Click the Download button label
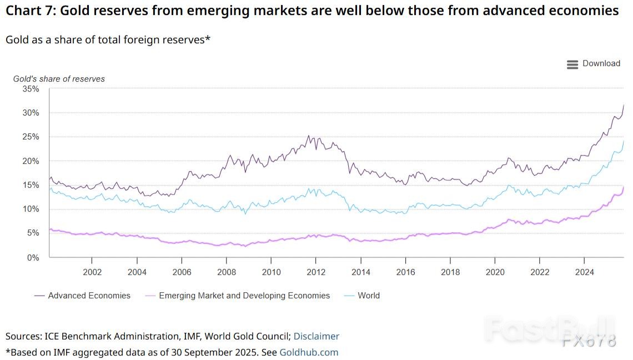point(601,63)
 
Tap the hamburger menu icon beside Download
point(572,64)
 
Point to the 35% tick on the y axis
point(31,89)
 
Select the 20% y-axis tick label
point(31,161)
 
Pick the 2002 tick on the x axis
point(92,272)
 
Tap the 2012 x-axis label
point(315,272)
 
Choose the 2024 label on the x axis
point(584,272)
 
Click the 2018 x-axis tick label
point(450,272)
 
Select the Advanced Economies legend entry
point(89,296)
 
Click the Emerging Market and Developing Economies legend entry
point(244,296)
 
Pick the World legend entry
point(369,296)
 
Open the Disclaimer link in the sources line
point(316,336)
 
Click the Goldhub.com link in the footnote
point(309,352)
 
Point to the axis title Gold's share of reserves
point(59,79)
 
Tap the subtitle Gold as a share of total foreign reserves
point(108,40)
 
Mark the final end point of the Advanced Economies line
point(624,104)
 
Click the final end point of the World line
point(624,141)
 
